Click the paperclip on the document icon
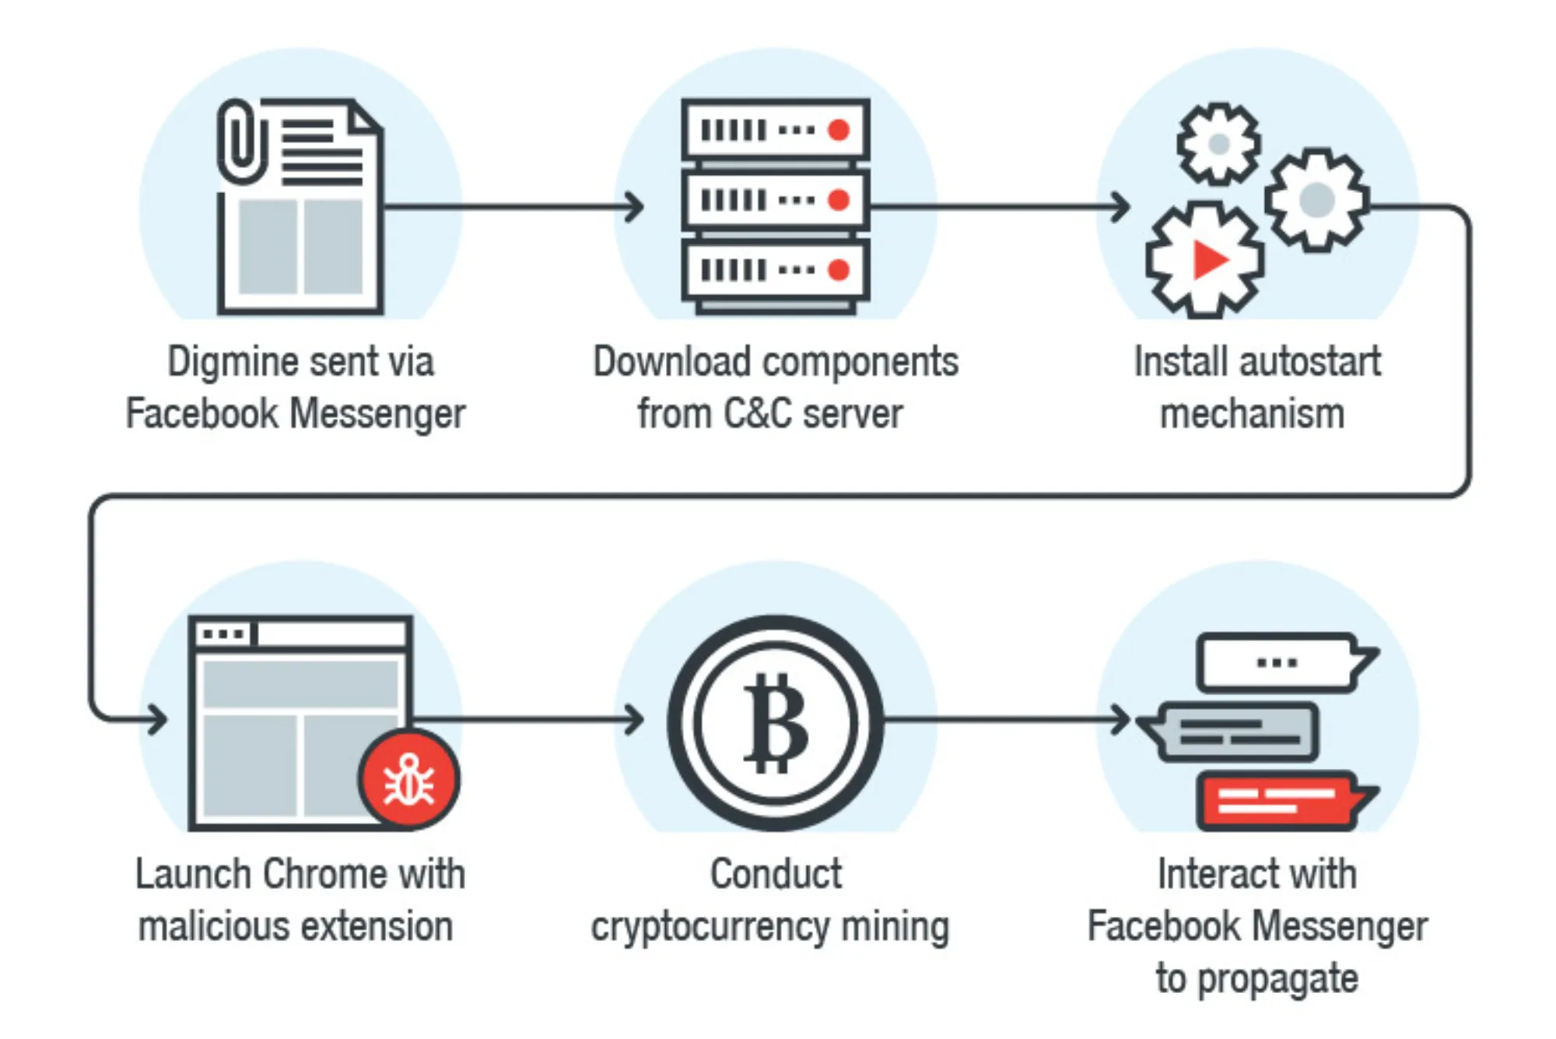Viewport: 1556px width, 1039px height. tap(242, 141)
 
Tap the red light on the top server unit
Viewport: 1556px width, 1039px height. tap(838, 130)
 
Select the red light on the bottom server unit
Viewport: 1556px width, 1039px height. tap(838, 270)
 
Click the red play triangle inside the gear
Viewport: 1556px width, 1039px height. tap(1208, 260)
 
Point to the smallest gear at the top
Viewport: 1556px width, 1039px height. tap(1218, 144)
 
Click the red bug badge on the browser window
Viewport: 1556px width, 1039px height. tap(409, 780)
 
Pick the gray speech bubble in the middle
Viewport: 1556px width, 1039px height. tap(1237, 732)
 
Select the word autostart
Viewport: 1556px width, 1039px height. tap(1309, 363)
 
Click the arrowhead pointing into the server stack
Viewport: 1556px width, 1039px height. tap(636, 207)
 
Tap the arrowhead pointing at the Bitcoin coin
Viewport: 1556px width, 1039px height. tap(636, 719)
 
